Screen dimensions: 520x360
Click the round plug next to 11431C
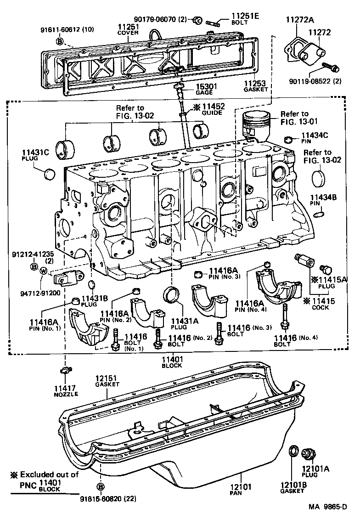(x=49, y=175)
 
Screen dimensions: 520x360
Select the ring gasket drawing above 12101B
(x=292, y=452)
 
